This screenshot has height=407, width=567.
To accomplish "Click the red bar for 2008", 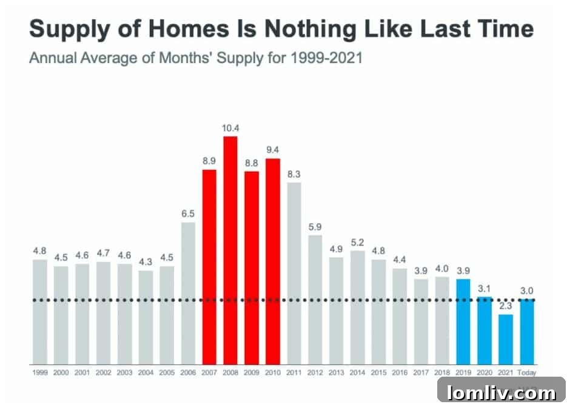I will (x=230, y=249).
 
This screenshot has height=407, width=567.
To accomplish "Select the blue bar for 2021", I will (x=506, y=338).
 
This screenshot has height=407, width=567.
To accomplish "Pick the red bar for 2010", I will (x=273, y=261).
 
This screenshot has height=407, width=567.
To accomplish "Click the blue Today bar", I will (x=527, y=331).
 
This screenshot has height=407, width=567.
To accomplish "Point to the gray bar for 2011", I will (x=294, y=272).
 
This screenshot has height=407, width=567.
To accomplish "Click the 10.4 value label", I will (x=230, y=128).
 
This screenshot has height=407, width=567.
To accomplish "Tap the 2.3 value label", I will (x=506, y=306).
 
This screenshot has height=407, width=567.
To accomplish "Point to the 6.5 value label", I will (x=188, y=214).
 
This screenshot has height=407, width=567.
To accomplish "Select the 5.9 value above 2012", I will (x=315, y=227).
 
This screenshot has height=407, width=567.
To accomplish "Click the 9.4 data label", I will (x=273, y=150).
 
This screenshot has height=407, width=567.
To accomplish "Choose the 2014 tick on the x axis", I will (x=358, y=372).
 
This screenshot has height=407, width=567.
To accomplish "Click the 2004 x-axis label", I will (x=146, y=372).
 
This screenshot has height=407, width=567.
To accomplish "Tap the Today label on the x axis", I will (x=527, y=372).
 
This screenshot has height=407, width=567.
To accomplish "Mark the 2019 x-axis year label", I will (x=463, y=372).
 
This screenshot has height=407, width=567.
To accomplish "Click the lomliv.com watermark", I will (x=501, y=392).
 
